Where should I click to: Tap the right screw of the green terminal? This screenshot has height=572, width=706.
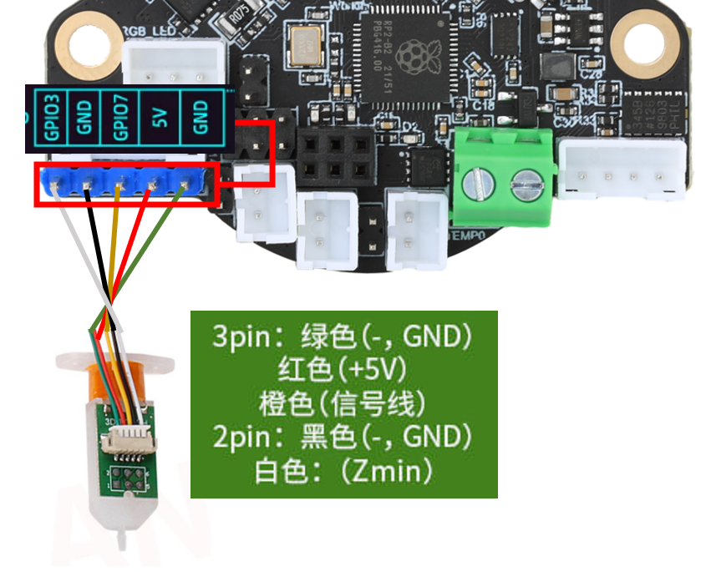click(525, 181)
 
